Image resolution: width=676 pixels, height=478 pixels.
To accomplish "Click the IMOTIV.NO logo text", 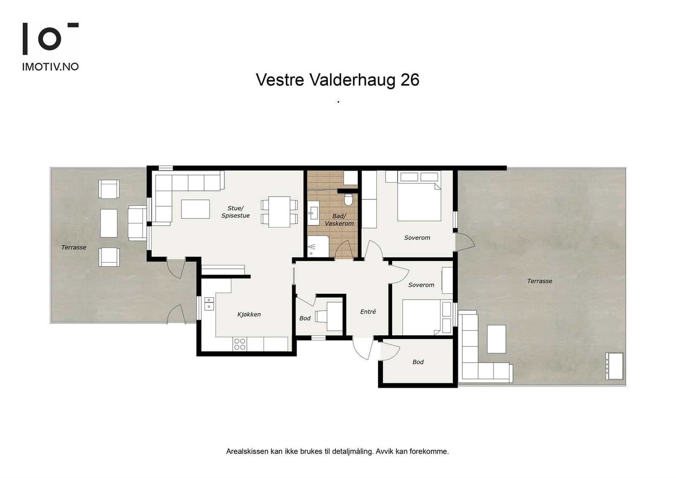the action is pyautogui.click(x=50, y=67).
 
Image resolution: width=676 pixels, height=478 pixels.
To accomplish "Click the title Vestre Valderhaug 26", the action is pyautogui.click(x=338, y=80).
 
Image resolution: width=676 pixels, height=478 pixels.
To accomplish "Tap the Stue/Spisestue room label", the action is pyautogui.click(x=235, y=212).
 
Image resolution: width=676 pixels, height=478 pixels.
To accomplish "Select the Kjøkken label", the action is pyautogui.click(x=249, y=314).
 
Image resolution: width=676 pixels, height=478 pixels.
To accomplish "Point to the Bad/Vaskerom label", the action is pyautogui.click(x=339, y=220).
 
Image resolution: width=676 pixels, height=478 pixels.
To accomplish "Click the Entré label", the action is pyautogui.click(x=368, y=311).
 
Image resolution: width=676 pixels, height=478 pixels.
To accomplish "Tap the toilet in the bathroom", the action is pyautogui.click(x=348, y=199).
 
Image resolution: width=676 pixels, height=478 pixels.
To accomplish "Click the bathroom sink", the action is pyautogui.click(x=313, y=213).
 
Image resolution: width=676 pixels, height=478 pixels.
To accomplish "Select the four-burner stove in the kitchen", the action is pyautogui.click(x=240, y=344).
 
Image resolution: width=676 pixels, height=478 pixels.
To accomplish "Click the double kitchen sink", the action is pyautogui.click(x=209, y=304).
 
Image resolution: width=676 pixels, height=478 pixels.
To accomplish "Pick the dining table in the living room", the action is pyautogui.click(x=279, y=212).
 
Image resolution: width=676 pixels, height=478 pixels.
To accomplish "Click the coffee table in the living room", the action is pyautogui.click(x=195, y=209).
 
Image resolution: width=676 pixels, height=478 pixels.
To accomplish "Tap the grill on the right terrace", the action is pyautogui.click(x=614, y=366).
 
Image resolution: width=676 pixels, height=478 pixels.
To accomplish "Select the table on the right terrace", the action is pyautogui.click(x=496, y=339).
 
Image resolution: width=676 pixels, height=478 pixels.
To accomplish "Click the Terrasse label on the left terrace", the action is pyautogui.click(x=74, y=247).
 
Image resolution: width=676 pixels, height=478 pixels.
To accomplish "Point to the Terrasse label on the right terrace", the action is pyautogui.click(x=540, y=281).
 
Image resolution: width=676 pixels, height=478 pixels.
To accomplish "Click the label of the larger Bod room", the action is pyautogui.click(x=418, y=362).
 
